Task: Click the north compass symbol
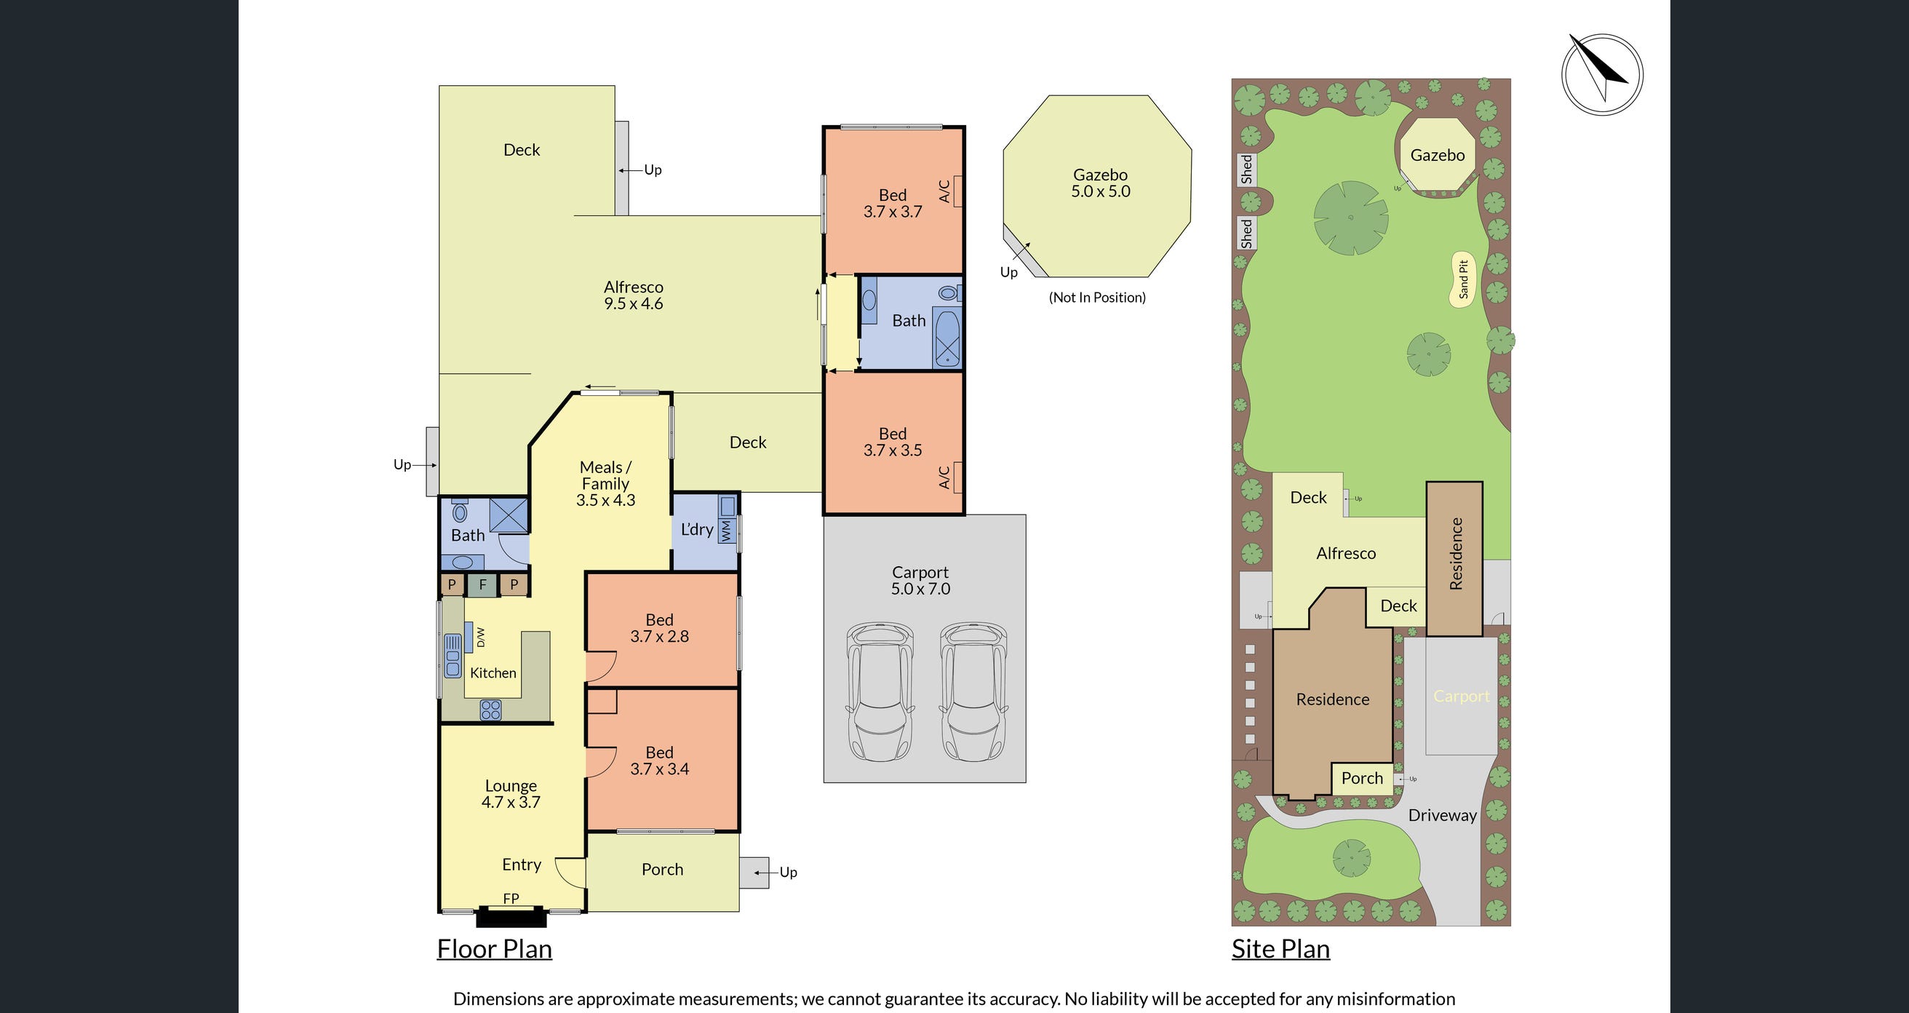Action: pyautogui.click(x=1601, y=74)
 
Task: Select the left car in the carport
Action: pyautogui.click(x=880, y=692)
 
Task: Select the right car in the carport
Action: pyautogui.click(x=973, y=692)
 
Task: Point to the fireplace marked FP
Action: pyautogui.click(x=511, y=916)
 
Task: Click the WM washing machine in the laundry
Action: pyautogui.click(x=726, y=529)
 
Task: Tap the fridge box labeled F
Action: pyautogui.click(x=482, y=584)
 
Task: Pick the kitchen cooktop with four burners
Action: pyautogui.click(x=490, y=710)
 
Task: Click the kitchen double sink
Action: pyautogui.click(x=452, y=656)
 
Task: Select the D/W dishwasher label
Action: pyautogui.click(x=480, y=637)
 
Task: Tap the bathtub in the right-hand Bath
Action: pyautogui.click(x=947, y=339)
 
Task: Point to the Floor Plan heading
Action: pyautogui.click(x=494, y=949)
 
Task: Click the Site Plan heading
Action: pyautogui.click(x=1280, y=949)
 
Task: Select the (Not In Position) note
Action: pyautogui.click(x=1097, y=298)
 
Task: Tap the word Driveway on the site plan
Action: pyautogui.click(x=1442, y=815)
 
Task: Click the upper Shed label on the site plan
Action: pyautogui.click(x=1246, y=169)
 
